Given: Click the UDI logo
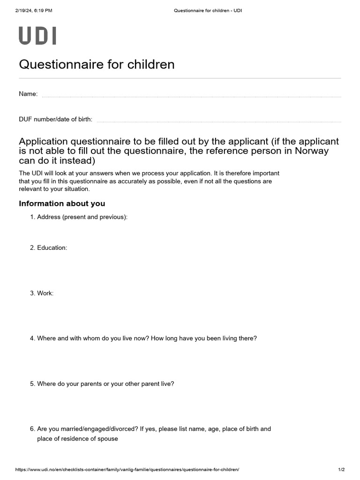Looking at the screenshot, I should tap(37, 36).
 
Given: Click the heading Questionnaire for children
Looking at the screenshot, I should tap(97, 64).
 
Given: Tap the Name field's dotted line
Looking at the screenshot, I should tap(191, 97).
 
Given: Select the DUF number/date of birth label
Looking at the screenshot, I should tap(55, 120).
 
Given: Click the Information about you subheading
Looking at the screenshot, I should tap(62, 203).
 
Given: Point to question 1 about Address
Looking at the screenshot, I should tap(82, 217).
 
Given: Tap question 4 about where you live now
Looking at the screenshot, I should tap(147, 338).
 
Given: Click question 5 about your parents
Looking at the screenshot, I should tap(105, 383).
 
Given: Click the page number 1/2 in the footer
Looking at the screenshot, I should tap(341, 470).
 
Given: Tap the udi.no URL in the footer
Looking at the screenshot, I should tap(127, 470).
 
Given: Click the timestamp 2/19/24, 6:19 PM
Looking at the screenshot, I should tap(33, 10).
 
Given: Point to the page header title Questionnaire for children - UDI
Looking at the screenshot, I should tap(207, 10).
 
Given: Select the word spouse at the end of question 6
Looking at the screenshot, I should tap(108, 439).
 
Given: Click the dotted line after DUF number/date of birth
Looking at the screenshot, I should tap(218, 121).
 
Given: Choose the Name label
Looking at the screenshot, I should tap(28, 94).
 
